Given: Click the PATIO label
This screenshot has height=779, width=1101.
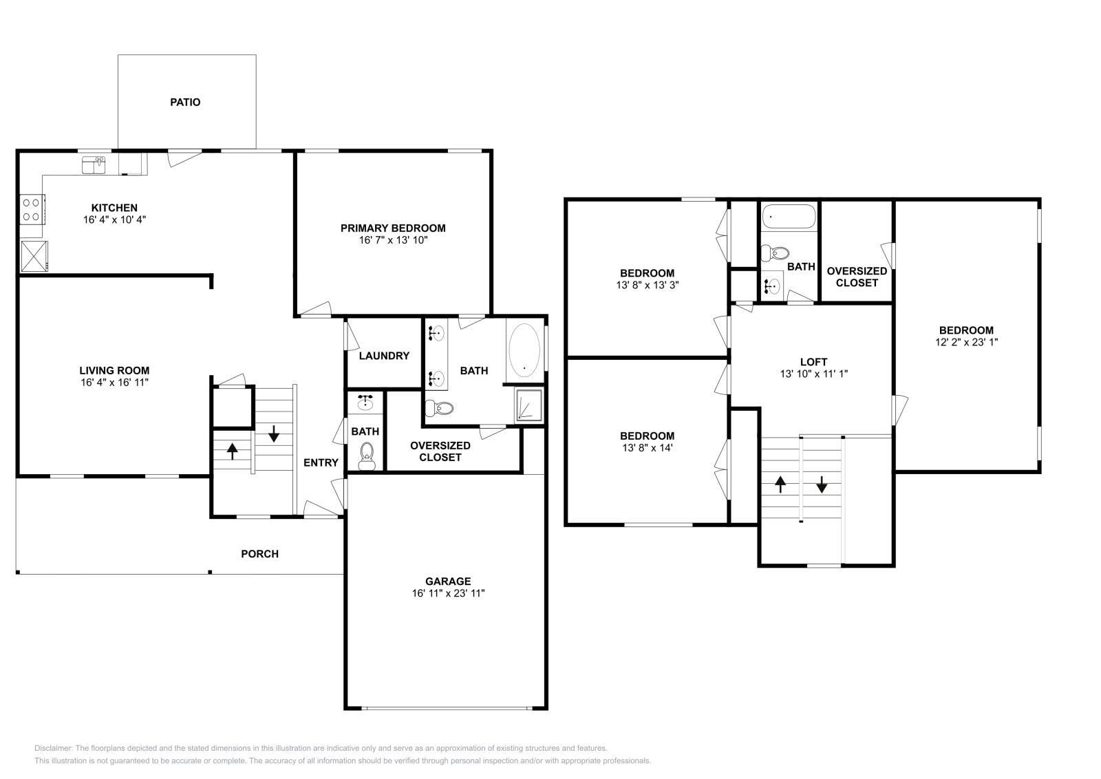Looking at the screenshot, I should (185, 103).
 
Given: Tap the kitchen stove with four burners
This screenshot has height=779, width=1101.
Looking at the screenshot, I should (32, 209).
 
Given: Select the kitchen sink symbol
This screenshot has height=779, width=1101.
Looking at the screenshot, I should (94, 165).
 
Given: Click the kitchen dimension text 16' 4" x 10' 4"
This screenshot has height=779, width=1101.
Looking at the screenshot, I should (114, 220).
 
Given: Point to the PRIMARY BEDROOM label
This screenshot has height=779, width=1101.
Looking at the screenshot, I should (393, 228).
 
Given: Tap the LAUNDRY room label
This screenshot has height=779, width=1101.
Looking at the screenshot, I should (384, 356).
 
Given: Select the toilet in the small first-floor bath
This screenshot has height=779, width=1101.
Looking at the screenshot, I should (367, 455).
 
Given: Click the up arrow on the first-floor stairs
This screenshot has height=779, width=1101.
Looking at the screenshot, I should (232, 451).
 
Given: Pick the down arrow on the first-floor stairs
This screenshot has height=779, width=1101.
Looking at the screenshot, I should (274, 434).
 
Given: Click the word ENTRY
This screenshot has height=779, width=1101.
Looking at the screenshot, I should (321, 463).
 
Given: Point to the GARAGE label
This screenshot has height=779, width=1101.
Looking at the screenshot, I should (447, 581).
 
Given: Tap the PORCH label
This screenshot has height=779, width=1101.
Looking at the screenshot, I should (259, 554).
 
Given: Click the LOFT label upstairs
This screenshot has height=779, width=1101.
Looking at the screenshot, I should (813, 362).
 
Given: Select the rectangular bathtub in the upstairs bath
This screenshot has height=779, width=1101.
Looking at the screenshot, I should (788, 217).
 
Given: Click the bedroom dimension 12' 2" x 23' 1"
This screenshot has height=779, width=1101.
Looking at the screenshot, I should (966, 342).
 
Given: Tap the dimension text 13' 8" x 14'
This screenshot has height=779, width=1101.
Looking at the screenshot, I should (647, 447).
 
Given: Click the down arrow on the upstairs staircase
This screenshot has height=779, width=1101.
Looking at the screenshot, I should (821, 485).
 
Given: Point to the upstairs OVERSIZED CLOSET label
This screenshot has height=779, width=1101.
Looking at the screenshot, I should (857, 277).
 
